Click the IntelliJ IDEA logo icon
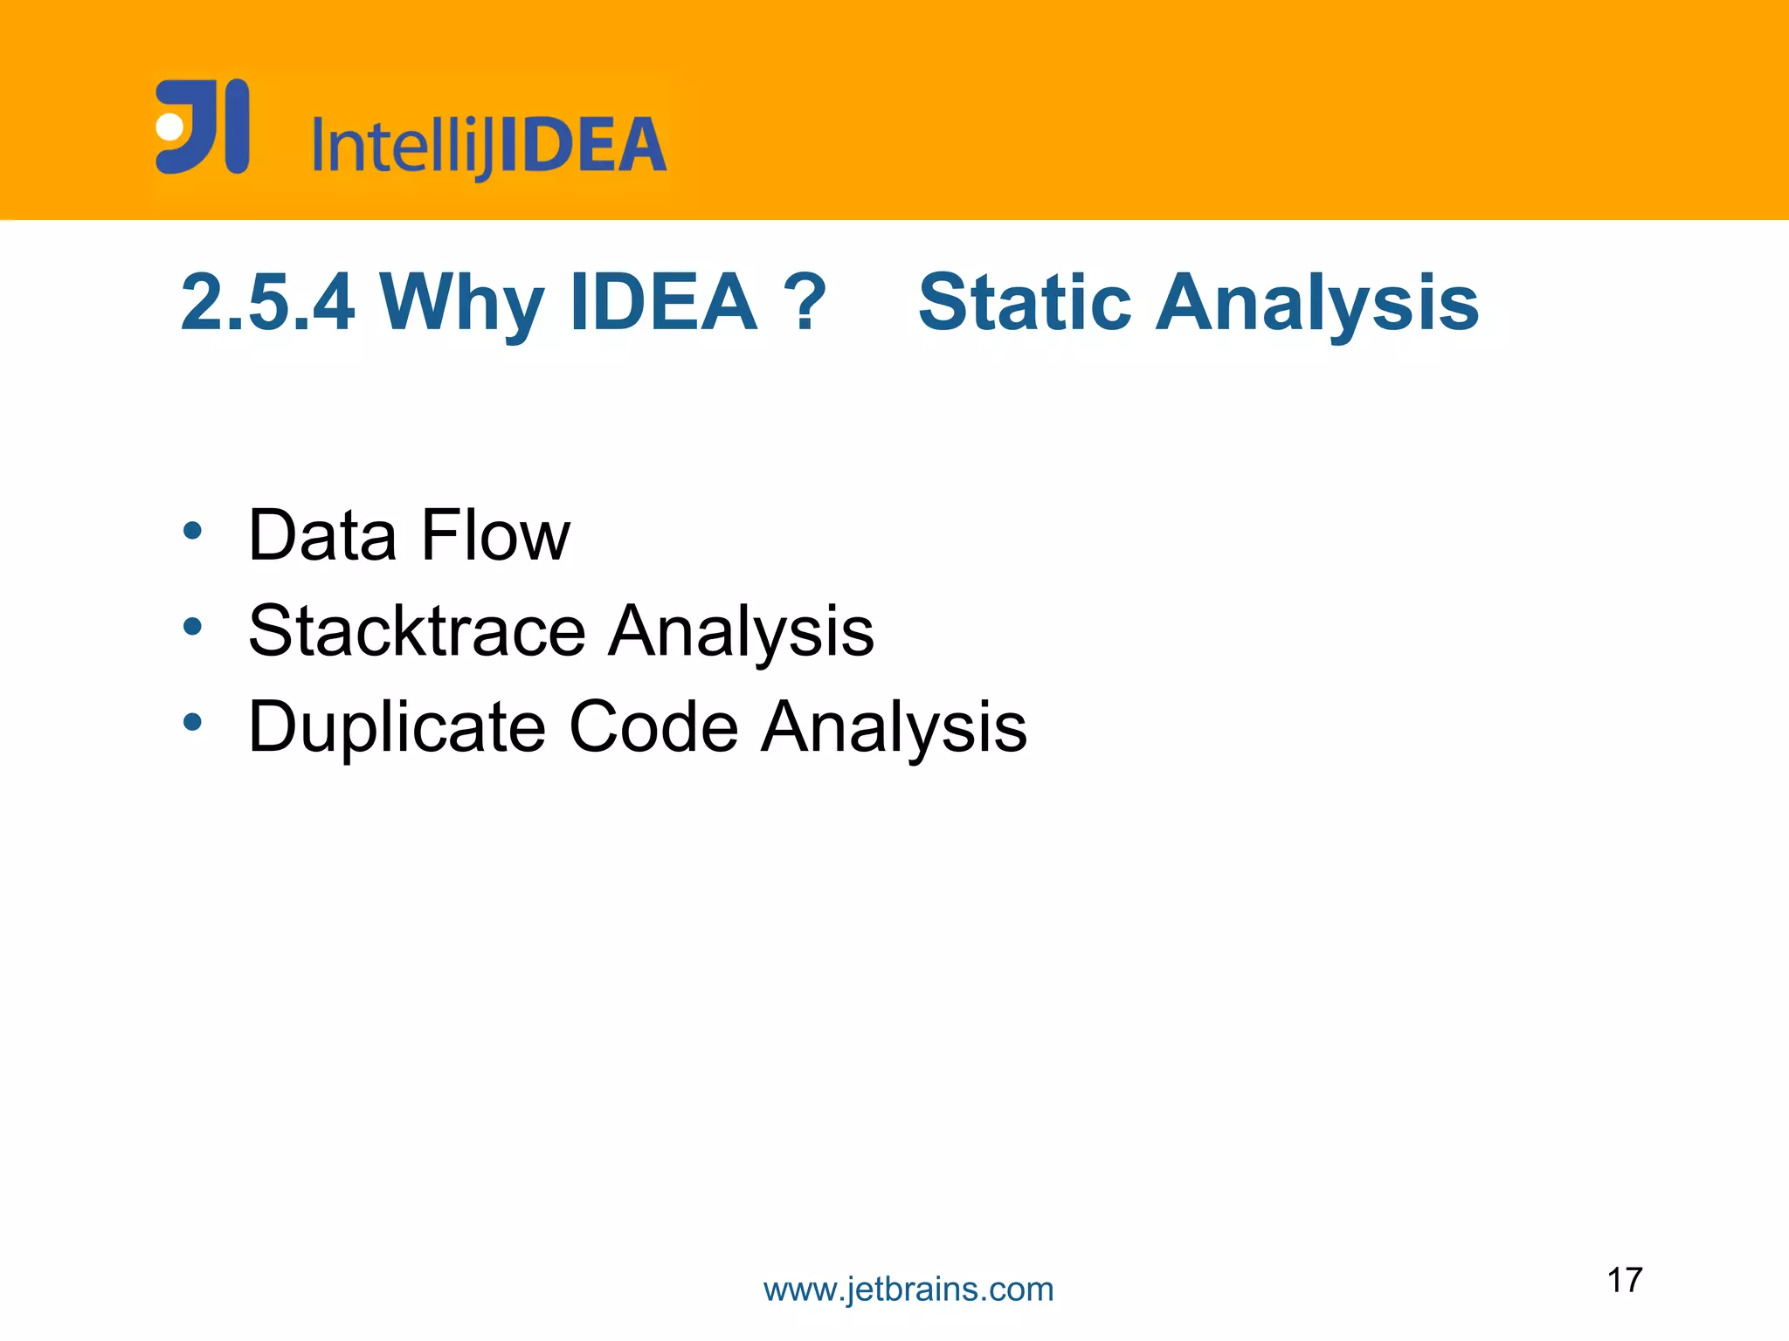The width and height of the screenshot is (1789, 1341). (x=203, y=127)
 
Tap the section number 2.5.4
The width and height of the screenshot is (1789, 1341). (x=267, y=303)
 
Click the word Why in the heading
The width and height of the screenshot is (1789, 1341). (x=462, y=303)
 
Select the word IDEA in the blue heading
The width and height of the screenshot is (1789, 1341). (x=663, y=303)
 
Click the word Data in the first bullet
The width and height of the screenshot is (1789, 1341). (x=322, y=535)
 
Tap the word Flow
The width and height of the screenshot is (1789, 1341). (x=495, y=535)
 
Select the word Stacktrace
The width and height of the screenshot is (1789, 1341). (x=417, y=630)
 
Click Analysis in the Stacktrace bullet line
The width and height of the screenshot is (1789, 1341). (x=741, y=630)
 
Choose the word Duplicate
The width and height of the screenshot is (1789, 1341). (x=397, y=726)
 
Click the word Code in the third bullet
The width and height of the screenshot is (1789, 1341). (x=653, y=726)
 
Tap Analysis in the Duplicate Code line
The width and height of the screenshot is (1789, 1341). (x=894, y=726)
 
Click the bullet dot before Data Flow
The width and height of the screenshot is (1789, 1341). (x=193, y=530)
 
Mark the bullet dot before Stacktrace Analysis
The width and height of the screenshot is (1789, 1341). (x=193, y=626)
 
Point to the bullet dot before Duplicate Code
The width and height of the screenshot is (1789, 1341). (x=193, y=722)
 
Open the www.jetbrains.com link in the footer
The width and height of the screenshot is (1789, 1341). (x=908, y=1289)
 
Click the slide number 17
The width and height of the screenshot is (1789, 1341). (x=1625, y=1280)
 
